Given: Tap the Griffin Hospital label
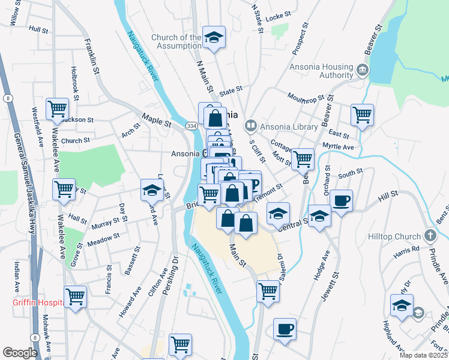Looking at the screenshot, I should pos(37,302).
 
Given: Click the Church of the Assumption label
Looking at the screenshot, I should pos(176,41).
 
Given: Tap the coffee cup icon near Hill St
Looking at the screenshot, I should pos(340,200).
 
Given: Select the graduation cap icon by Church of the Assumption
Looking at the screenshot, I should pos(213,37).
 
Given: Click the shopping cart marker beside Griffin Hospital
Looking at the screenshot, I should pos(76,296).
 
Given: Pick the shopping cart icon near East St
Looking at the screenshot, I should pos(362,114).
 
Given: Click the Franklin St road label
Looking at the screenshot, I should pos(92,56).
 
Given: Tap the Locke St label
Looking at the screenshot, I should pos(278,17).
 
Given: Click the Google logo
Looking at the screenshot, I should pos(20,353).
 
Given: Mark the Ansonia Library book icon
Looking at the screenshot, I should pos(250,126).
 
